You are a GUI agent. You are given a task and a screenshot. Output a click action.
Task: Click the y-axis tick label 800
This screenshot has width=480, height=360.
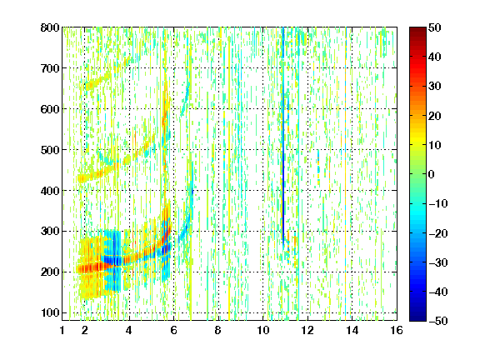point(50,27)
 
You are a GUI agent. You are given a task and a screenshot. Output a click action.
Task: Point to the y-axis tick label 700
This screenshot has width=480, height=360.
point(50,68)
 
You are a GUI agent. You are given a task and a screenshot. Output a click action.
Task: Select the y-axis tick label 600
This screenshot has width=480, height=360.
point(50,109)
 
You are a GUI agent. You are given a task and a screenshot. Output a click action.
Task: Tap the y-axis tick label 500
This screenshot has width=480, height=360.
point(50,150)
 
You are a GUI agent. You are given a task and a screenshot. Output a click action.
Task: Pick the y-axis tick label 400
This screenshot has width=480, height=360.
point(50,191)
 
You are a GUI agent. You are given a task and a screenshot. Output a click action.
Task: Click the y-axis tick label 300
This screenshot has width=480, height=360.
point(50,231)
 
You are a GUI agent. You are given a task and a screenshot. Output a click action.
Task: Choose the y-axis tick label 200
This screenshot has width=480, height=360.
point(50,272)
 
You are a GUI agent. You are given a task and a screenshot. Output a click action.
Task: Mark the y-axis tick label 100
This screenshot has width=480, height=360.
point(50,312)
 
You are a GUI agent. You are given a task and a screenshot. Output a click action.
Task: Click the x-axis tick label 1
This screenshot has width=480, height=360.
point(62,330)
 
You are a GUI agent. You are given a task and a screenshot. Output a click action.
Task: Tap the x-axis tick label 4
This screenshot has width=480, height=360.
point(129,330)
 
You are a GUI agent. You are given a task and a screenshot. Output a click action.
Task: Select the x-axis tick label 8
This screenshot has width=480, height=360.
point(218,330)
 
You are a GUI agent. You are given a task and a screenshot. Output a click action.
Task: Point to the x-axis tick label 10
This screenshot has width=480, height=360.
point(263,330)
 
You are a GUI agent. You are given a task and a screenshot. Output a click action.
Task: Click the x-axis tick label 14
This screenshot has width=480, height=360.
point(352,330)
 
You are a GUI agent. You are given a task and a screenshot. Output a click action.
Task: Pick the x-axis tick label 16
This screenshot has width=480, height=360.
point(397,330)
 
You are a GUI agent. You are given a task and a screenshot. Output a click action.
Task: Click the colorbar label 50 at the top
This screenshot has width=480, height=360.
point(435,27)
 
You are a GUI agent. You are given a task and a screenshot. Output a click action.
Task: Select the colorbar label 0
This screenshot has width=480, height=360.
point(432,174)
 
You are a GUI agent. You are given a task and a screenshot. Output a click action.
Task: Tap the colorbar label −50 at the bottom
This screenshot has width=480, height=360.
point(438,321)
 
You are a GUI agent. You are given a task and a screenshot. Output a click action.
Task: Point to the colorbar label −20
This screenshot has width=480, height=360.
point(438,233)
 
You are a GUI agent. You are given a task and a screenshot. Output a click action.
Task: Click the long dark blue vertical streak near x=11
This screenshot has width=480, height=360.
point(283,135)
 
